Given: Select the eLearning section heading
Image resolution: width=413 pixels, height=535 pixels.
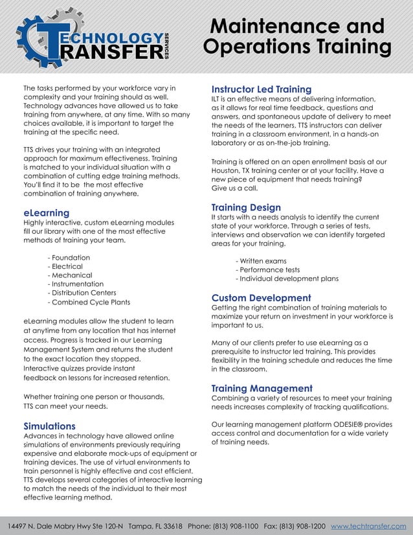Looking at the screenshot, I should [46, 212].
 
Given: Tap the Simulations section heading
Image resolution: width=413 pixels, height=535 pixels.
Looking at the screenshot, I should [49, 426].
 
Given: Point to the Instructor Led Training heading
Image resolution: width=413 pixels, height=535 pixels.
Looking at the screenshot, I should [262, 89].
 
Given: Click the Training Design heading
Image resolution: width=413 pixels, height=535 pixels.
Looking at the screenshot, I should [246, 207].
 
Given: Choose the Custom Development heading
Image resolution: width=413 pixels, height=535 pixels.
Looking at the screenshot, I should [262, 298].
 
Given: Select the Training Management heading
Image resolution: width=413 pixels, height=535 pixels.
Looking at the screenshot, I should [262, 388].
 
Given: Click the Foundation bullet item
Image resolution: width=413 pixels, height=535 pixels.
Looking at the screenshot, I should [69, 257].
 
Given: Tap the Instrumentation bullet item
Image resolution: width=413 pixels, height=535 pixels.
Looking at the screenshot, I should [76, 284].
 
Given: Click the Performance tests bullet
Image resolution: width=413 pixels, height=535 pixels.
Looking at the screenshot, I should [267, 269].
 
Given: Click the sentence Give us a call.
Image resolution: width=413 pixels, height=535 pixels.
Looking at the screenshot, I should [234, 188].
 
